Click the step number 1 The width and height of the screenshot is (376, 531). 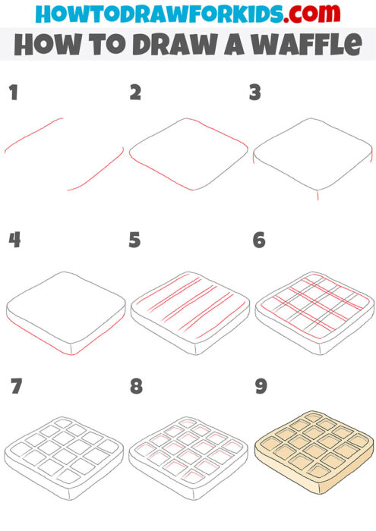(12, 93)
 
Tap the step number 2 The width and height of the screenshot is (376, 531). (136, 93)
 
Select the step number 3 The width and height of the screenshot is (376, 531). (256, 93)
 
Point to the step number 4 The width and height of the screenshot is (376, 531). (14, 241)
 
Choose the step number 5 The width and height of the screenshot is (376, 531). (136, 241)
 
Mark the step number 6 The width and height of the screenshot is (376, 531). (259, 241)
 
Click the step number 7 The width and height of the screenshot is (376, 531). (14, 387)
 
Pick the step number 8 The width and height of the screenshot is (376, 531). (136, 387)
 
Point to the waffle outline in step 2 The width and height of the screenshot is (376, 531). (190, 154)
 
